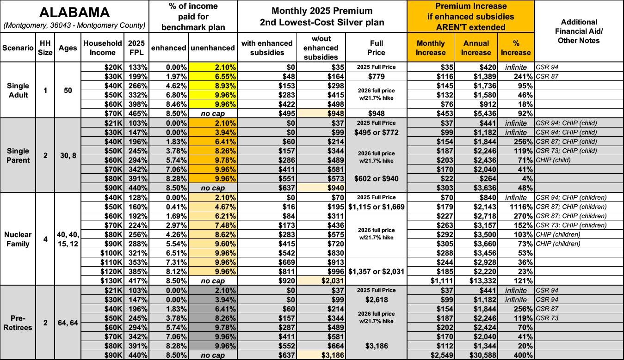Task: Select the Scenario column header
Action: [x=18, y=48]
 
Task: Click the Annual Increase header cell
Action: [x=476, y=48]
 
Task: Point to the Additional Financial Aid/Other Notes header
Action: [x=579, y=31]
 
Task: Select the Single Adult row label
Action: [x=18, y=90]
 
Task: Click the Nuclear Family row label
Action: [x=18, y=239]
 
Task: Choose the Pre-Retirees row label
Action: [x=18, y=323]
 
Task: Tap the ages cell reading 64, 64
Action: [x=68, y=323]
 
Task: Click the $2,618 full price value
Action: [x=376, y=299]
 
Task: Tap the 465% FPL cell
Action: [x=138, y=113]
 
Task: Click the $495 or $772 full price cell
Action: [x=376, y=132]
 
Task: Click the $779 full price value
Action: [x=376, y=76]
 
